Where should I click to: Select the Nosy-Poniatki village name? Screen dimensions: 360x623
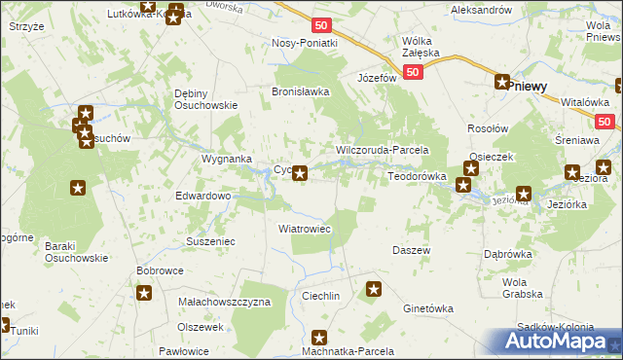point(305,44)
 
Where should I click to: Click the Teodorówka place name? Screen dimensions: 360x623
point(417,176)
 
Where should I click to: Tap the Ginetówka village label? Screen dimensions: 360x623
point(428,308)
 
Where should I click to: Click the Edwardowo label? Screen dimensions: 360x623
point(202,196)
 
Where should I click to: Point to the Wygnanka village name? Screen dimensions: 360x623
point(227,158)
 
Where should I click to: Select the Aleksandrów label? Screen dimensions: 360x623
point(481,9)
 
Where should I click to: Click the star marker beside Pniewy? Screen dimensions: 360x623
point(502,84)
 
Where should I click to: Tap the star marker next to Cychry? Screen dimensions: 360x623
point(301,174)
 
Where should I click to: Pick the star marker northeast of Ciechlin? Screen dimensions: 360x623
point(374,289)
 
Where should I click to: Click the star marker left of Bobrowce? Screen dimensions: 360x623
point(144,293)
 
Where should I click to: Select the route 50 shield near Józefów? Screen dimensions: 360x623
point(414,73)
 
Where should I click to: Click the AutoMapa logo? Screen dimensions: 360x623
point(559,342)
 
